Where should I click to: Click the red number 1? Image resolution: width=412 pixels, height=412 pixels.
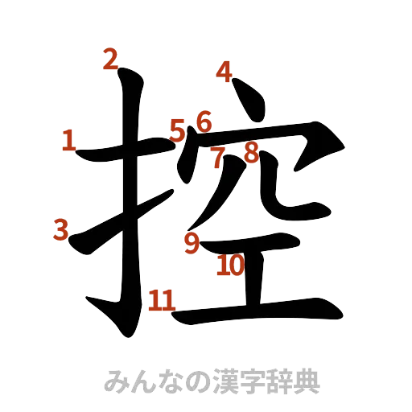[x=68, y=142]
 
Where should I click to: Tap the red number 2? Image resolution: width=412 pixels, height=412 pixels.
[x=112, y=58]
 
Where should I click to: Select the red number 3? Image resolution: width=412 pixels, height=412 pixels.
[x=60, y=230]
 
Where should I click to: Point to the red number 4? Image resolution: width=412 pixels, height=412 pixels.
[x=225, y=72]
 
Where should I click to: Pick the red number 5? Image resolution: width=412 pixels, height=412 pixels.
[x=178, y=127]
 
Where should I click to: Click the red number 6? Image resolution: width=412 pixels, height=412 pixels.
[x=203, y=123]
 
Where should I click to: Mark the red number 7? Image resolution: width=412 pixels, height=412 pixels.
[x=218, y=157]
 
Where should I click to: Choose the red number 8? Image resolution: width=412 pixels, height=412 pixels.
[x=251, y=152]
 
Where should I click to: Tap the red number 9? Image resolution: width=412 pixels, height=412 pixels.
[x=191, y=242]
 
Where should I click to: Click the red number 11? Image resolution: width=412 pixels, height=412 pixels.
[x=161, y=301]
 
